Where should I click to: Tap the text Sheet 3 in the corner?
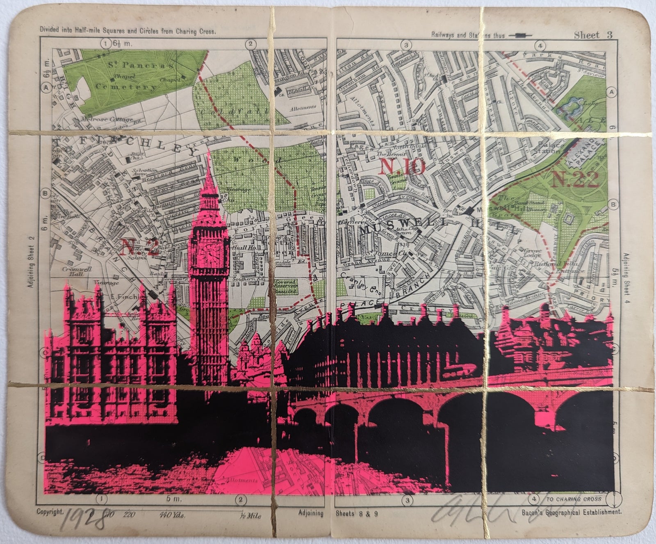click(x=593, y=35)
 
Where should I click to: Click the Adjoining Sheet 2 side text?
click(x=32, y=262)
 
